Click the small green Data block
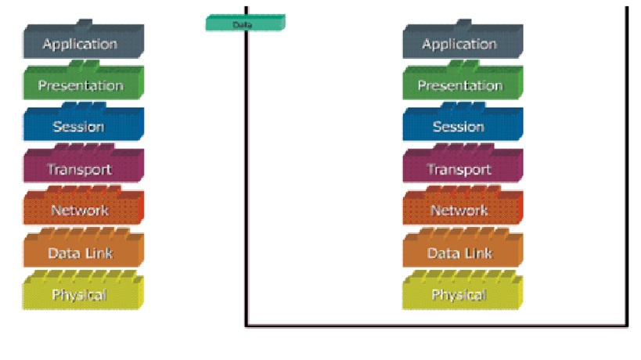[x=245, y=24]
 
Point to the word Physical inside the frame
[x=459, y=295]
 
